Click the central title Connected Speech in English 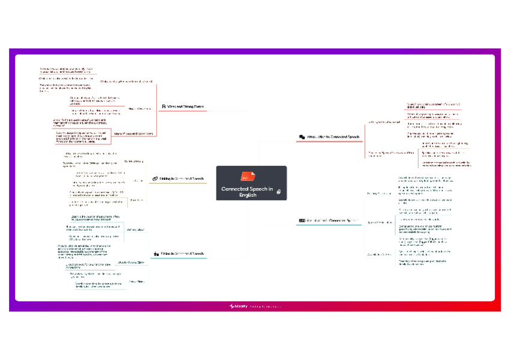point(247,192)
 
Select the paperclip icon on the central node point(278,191)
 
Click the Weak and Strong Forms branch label point(185,106)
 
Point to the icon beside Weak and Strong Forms point(163,106)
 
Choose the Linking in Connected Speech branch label point(182,178)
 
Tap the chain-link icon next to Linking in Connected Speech point(155,178)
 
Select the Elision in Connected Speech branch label point(183,254)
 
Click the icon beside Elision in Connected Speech point(156,254)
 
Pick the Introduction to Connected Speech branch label point(333,138)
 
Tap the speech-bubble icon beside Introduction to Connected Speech point(301,138)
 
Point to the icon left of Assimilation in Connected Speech point(302,221)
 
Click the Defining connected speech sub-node point(384,121)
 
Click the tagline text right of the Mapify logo point(266,307)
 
